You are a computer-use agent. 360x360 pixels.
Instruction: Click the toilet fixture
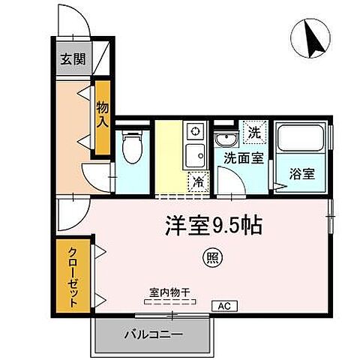132,147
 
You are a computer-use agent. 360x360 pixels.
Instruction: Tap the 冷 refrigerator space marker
198,180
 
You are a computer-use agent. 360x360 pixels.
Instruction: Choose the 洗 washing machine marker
254,133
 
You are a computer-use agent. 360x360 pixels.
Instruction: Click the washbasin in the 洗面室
225,139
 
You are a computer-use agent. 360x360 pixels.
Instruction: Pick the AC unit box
224,305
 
